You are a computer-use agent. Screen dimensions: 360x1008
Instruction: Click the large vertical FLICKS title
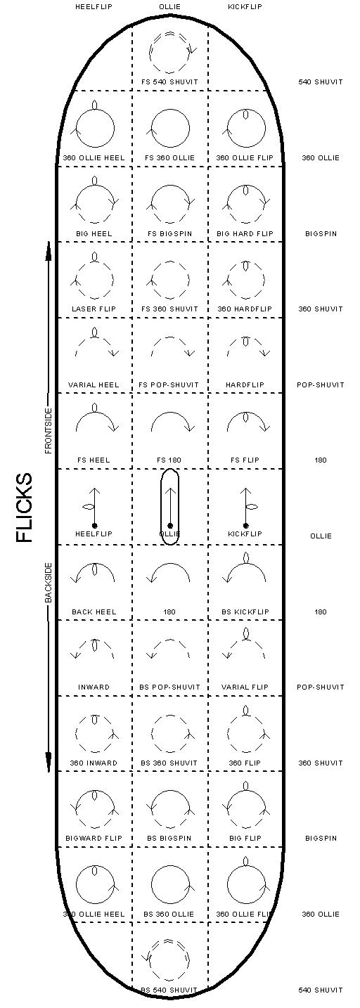(25, 507)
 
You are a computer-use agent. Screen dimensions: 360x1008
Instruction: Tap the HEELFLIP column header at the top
(94, 7)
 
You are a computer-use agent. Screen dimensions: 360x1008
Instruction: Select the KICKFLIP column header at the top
(245, 7)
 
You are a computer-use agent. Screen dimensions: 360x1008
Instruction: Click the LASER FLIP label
(94, 309)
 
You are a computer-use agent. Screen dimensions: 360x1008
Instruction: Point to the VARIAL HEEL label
(94, 385)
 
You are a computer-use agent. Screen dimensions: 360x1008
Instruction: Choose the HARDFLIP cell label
(245, 385)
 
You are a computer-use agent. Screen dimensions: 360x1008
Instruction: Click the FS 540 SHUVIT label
(169, 82)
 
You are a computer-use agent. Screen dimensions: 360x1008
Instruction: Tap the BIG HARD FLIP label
(245, 233)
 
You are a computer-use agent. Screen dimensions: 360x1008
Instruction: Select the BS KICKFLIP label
(245, 612)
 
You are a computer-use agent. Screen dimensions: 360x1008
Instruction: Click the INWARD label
(94, 687)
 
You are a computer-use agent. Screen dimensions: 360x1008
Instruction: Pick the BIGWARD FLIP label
(94, 839)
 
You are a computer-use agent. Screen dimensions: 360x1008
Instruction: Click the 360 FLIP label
(245, 763)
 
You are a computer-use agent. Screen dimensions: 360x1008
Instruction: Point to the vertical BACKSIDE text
(49, 583)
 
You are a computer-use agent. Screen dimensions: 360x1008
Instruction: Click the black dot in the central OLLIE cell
(169, 526)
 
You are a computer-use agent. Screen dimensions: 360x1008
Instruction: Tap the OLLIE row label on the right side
(321, 536)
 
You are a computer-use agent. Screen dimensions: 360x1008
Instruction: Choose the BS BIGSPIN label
(169, 839)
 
